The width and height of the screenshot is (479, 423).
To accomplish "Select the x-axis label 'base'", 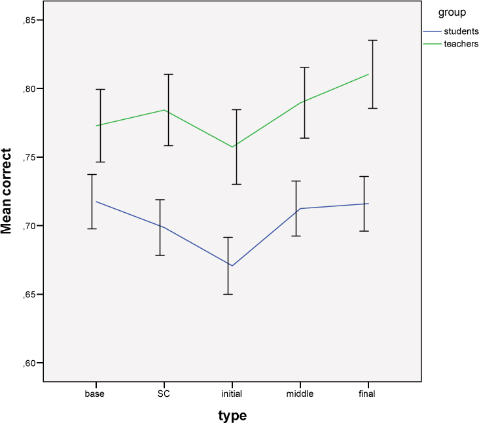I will (x=94, y=394).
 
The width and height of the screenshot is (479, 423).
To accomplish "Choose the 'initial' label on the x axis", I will (x=232, y=394).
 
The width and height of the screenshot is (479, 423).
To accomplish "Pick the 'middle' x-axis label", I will (x=300, y=394).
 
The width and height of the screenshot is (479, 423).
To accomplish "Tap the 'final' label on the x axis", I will (x=367, y=394).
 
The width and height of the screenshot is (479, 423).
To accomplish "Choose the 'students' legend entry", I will (x=461, y=31).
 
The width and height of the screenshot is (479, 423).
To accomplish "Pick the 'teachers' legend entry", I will (x=461, y=44).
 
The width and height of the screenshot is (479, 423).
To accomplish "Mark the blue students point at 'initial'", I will (x=232, y=266).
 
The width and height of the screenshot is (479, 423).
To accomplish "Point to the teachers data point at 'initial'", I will (x=232, y=147).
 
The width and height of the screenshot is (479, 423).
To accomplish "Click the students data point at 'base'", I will (x=96, y=201).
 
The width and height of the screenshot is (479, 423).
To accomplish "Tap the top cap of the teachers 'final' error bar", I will (x=372, y=41).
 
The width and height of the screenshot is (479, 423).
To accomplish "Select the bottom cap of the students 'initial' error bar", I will (x=228, y=294).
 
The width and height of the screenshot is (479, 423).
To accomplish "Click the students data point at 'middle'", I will (x=300, y=208).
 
